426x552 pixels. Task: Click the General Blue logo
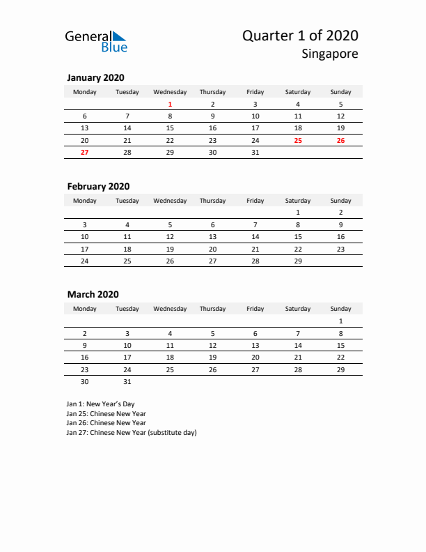point(96,41)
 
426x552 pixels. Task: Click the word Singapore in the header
point(331,54)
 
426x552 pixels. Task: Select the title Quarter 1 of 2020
point(301,36)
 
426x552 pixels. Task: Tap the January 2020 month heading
point(95,78)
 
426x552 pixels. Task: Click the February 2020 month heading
point(98,186)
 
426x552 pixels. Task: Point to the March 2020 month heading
point(93,294)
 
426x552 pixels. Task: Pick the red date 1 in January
point(170,104)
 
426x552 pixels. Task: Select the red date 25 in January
point(298,140)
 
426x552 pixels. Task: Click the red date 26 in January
point(340,140)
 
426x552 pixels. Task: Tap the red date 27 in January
point(85,152)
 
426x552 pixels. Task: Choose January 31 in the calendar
point(255,152)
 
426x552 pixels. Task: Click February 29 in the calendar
point(298,261)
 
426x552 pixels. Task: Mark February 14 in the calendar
point(255,236)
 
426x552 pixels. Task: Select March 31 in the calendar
point(127,381)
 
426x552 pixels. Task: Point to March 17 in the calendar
point(127,357)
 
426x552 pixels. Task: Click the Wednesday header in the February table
point(170,201)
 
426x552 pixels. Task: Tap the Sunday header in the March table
point(340,309)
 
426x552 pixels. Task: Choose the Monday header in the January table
point(85,92)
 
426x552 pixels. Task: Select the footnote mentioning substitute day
point(132,432)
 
